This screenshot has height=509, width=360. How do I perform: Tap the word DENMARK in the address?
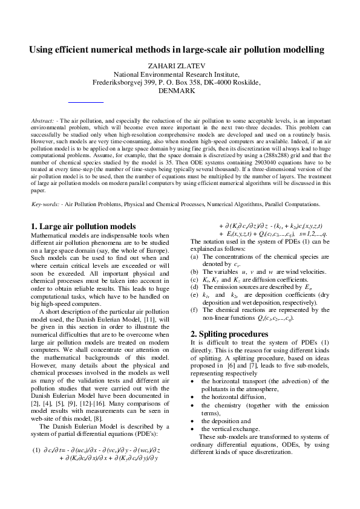[x=176, y=91]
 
